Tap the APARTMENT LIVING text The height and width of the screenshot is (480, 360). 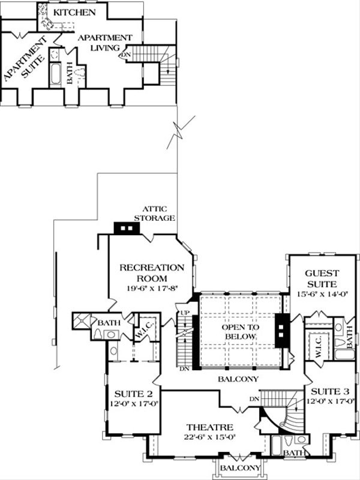102,41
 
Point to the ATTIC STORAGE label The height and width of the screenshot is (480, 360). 154,214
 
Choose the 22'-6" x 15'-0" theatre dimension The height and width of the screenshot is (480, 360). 202,437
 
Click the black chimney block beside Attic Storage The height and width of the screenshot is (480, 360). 126,229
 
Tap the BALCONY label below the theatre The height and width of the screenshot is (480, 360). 239,467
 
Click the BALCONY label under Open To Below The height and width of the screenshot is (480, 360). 238,379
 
